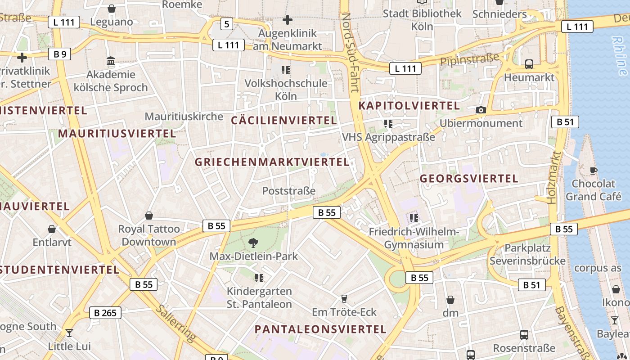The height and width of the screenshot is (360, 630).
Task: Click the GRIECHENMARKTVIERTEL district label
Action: click(272, 162)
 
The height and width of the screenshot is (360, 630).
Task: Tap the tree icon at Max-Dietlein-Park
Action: click(253, 243)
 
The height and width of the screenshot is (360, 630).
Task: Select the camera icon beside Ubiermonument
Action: click(481, 110)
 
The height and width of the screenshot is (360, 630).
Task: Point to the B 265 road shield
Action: click(105, 313)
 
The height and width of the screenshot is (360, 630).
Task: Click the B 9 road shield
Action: click(60, 54)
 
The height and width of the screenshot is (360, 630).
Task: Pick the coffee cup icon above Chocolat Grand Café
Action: click(594, 171)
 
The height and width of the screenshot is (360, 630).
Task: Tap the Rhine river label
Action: click(620, 55)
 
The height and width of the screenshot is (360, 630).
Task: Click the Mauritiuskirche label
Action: click(184, 117)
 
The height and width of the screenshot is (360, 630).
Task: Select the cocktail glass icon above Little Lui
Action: click(69, 333)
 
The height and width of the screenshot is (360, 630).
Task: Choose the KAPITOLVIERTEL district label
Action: click(409, 106)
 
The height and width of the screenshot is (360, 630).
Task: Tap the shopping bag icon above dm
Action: click(450, 300)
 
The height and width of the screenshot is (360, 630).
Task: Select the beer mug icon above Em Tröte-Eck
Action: click(344, 298)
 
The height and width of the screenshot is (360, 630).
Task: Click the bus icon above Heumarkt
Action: click(529, 64)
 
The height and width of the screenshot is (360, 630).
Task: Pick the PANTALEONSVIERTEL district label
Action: click(320, 329)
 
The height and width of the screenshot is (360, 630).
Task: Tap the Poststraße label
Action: click(288, 191)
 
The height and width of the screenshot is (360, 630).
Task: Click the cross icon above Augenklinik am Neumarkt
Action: click(288, 20)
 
